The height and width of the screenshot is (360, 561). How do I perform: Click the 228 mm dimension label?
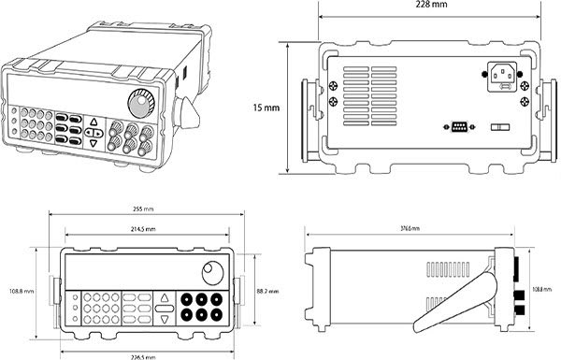tap(429, 7)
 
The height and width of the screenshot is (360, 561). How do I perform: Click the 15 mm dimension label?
tap(266, 108)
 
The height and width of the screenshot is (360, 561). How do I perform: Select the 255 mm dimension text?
tap(144, 209)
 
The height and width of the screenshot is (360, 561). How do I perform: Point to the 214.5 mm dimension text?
tap(144, 228)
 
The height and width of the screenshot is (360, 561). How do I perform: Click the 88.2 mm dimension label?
tap(267, 292)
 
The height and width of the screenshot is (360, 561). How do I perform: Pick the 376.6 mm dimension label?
tap(410, 228)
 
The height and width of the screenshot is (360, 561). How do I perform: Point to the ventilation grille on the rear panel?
tap(369, 89)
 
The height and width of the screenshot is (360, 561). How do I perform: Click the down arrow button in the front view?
tap(165, 319)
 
